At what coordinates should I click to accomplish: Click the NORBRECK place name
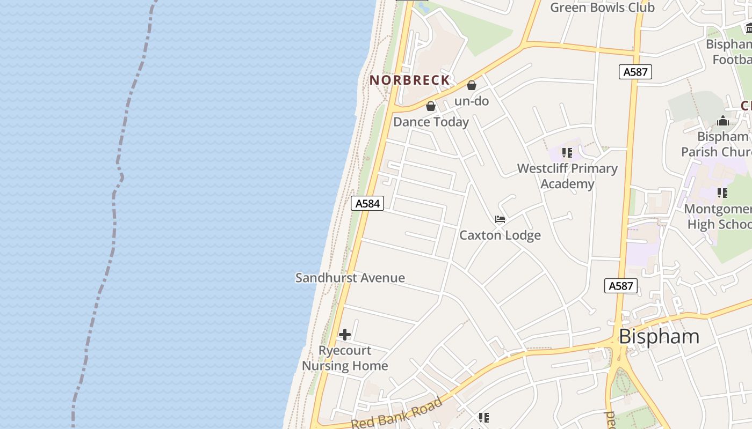point(409,80)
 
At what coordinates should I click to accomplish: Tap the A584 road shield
point(367,203)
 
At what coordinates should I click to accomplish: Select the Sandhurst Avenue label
point(350,278)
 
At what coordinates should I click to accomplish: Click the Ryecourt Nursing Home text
point(345,358)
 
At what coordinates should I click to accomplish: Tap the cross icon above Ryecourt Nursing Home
point(345,335)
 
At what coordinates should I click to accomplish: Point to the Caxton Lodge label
point(500,235)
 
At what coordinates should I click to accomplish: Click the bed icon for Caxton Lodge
point(500,219)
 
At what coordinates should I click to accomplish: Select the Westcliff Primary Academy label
point(567,176)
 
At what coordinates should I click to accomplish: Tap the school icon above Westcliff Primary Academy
point(567,153)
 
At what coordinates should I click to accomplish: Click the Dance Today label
point(431,122)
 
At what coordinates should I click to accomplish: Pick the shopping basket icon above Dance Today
point(431,106)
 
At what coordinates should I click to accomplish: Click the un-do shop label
point(472,101)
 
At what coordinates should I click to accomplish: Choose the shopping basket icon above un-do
point(472,85)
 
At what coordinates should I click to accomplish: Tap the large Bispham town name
point(659,337)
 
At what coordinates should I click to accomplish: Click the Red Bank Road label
point(397,413)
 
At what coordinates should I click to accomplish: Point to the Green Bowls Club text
point(602,8)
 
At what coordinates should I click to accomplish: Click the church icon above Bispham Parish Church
point(722,121)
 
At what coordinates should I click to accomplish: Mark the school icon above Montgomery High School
point(722,193)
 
